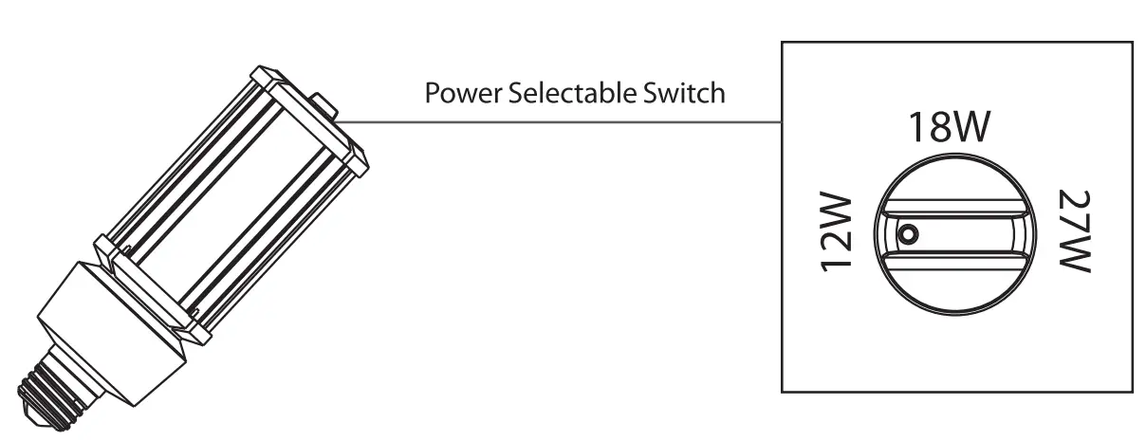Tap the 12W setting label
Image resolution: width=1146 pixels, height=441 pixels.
click(839, 233)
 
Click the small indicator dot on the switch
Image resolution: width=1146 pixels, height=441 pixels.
click(909, 233)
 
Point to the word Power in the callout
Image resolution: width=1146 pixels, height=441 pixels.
click(457, 94)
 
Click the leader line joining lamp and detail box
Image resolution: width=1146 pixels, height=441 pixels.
click(560, 122)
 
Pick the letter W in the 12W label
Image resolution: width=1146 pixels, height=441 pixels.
click(839, 213)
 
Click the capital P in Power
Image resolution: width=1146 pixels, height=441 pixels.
click(432, 94)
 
